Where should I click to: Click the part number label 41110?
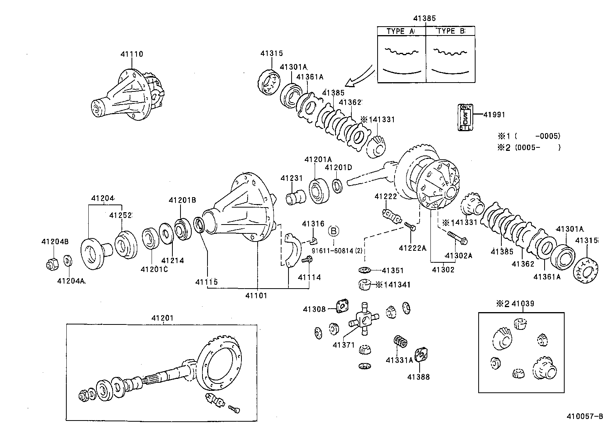pos(132,54)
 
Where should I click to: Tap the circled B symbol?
pos(334,231)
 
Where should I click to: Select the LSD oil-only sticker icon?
pos(465,117)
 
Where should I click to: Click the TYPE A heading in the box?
pos(401,31)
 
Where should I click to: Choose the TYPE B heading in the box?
pos(450,31)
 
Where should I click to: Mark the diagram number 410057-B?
pos(584,417)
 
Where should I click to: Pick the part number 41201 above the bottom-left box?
pos(162,318)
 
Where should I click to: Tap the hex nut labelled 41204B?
pos(52,265)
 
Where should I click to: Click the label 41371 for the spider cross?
pos(344,345)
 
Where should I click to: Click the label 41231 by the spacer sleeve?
pos(292,178)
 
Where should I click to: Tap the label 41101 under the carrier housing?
pos(256,296)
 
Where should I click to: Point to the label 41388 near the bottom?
pos(419,377)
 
